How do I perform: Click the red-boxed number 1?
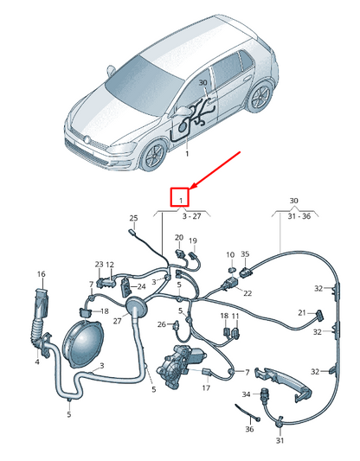(181, 198)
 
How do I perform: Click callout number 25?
(133, 218)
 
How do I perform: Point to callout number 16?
(40, 275)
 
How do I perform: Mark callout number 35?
(245, 254)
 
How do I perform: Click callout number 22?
(247, 293)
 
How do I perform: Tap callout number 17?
(206, 388)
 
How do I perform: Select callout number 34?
(246, 394)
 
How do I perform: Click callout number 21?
(302, 312)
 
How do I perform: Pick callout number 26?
(162, 325)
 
